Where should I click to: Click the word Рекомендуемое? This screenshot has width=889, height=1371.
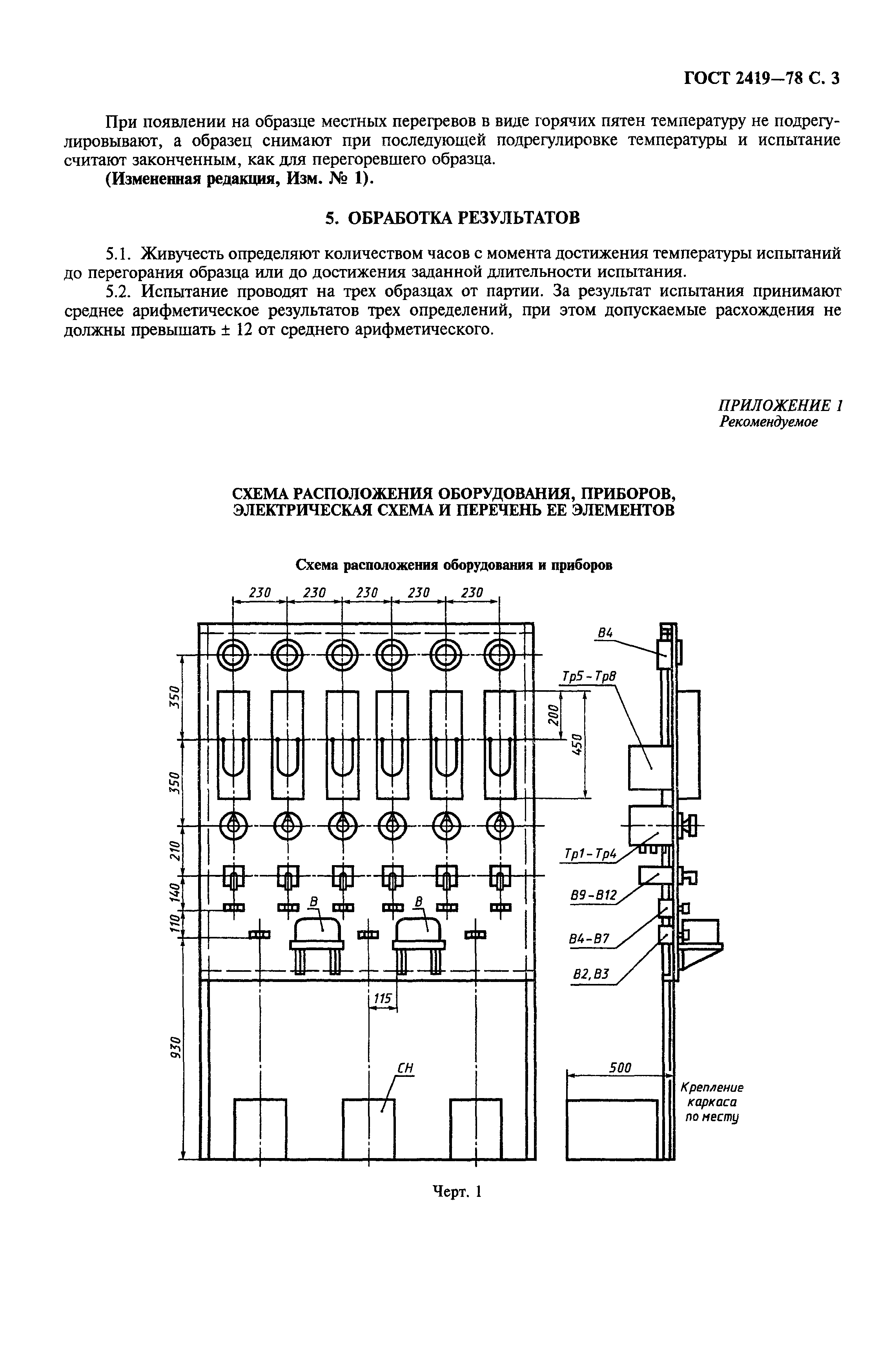click(x=769, y=422)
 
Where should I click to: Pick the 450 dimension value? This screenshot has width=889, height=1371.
click(x=579, y=745)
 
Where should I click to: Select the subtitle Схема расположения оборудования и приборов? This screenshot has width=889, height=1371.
click(x=454, y=565)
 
